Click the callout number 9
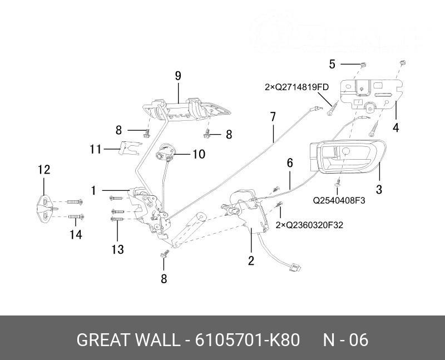(x=178, y=76)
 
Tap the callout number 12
(x=44, y=170)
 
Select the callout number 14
(x=76, y=235)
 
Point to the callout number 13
(x=117, y=249)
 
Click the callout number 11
(x=95, y=149)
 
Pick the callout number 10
(x=199, y=154)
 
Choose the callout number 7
(x=273, y=117)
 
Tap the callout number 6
(x=289, y=163)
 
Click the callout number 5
(x=332, y=64)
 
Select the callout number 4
(x=395, y=127)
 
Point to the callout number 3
(x=379, y=190)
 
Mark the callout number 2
(x=251, y=260)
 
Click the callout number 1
(x=94, y=191)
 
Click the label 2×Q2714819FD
(x=296, y=87)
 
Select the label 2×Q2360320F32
(x=309, y=225)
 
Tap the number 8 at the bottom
(x=164, y=279)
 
